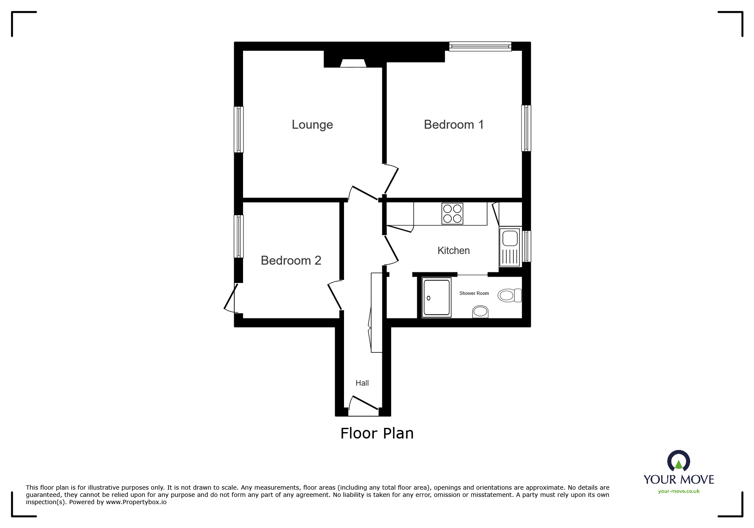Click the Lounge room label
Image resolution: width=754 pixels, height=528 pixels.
click(x=312, y=124)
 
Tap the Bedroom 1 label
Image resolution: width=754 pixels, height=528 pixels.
click(x=454, y=124)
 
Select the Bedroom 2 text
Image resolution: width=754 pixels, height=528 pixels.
click(x=291, y=260)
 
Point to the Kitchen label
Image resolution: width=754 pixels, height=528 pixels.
click(x=453, y=251)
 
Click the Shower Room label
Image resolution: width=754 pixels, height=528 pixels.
click(x=474, y=293)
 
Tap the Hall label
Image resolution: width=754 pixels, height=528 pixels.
click(x=362, y=383)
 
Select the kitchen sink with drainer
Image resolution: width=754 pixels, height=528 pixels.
click(x=510, y=247)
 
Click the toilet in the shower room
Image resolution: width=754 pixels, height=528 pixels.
click(x=510, y=295)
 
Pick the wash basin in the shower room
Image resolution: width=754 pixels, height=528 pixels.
click(x=480, y=312)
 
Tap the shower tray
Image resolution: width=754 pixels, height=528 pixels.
click(x=436, y=297)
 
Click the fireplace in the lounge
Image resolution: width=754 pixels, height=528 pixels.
click(x=353, y=63)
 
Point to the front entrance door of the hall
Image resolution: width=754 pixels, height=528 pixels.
click(x=363, y=406)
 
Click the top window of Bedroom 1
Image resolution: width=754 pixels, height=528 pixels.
click(x=480, y=46)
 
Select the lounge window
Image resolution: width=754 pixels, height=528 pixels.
click(x=239, y=130)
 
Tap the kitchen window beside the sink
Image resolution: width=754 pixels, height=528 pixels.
click(x=527, y=246)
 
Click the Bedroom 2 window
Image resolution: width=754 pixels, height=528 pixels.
click(x=239, y=237)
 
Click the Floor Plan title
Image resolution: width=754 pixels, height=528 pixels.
click(x=377, y=433)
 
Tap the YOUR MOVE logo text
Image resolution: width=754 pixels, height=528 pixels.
click(x=679, y=479)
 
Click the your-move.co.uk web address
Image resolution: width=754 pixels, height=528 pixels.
click(x=679, y=491)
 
